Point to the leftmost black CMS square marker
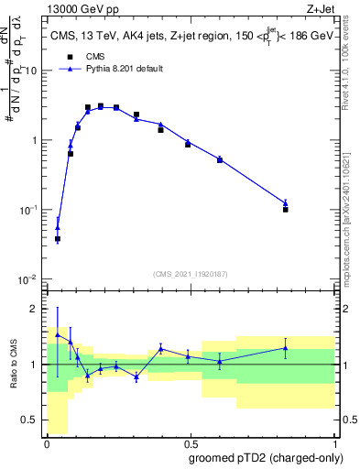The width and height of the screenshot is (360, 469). click(58, 239)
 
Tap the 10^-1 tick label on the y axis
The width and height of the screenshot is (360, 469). click(27, 210)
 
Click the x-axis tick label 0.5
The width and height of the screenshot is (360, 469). click(191, 443)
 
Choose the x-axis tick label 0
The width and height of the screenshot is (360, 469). click(47, 443)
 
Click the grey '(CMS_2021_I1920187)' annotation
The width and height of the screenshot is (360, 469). click(191, 273)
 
